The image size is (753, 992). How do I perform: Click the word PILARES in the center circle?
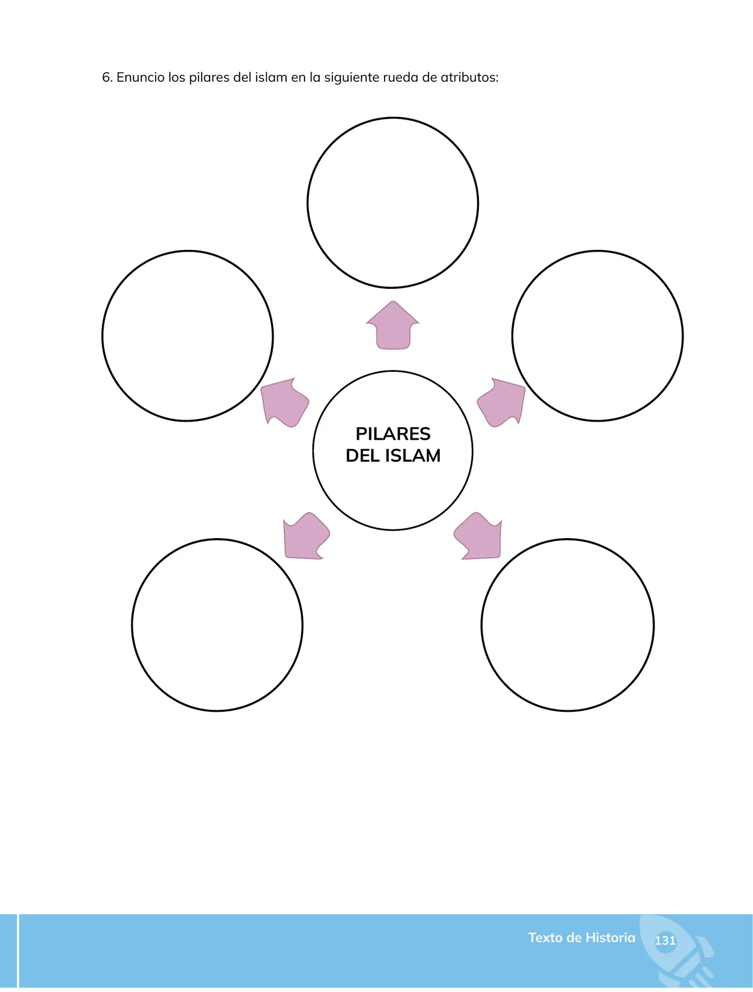[x=393, y=433]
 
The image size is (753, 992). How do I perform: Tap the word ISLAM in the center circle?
[x=412, y=456]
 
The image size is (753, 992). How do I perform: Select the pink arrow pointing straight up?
[x=393, y=325]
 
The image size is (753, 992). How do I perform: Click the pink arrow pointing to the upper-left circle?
[x=284, y=402]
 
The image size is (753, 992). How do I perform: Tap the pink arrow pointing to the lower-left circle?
[x=306, y=536]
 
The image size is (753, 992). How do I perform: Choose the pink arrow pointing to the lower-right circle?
[x=479, y=536]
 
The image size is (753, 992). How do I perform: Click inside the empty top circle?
[x=393, y=203]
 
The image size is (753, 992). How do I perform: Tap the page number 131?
[x=665, y=941]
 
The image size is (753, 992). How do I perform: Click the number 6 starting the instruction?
[x=107, y=77]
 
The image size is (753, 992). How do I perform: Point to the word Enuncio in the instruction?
[x=141, y=77]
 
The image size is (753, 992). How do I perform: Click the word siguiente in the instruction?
[x=352, y=78]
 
